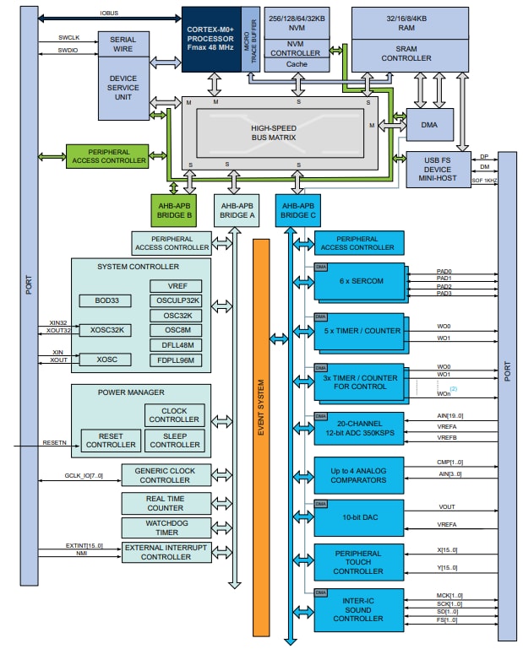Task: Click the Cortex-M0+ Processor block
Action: (x=211, y=38)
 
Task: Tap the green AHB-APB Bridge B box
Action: (x=174, y=209)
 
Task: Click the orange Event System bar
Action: (x=261, y=435)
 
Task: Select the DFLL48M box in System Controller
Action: (x=175, y=344)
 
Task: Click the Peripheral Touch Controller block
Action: (x=359, y=562)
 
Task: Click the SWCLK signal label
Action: (x=70, y=38)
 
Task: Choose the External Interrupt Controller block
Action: (x=166, y=552)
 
